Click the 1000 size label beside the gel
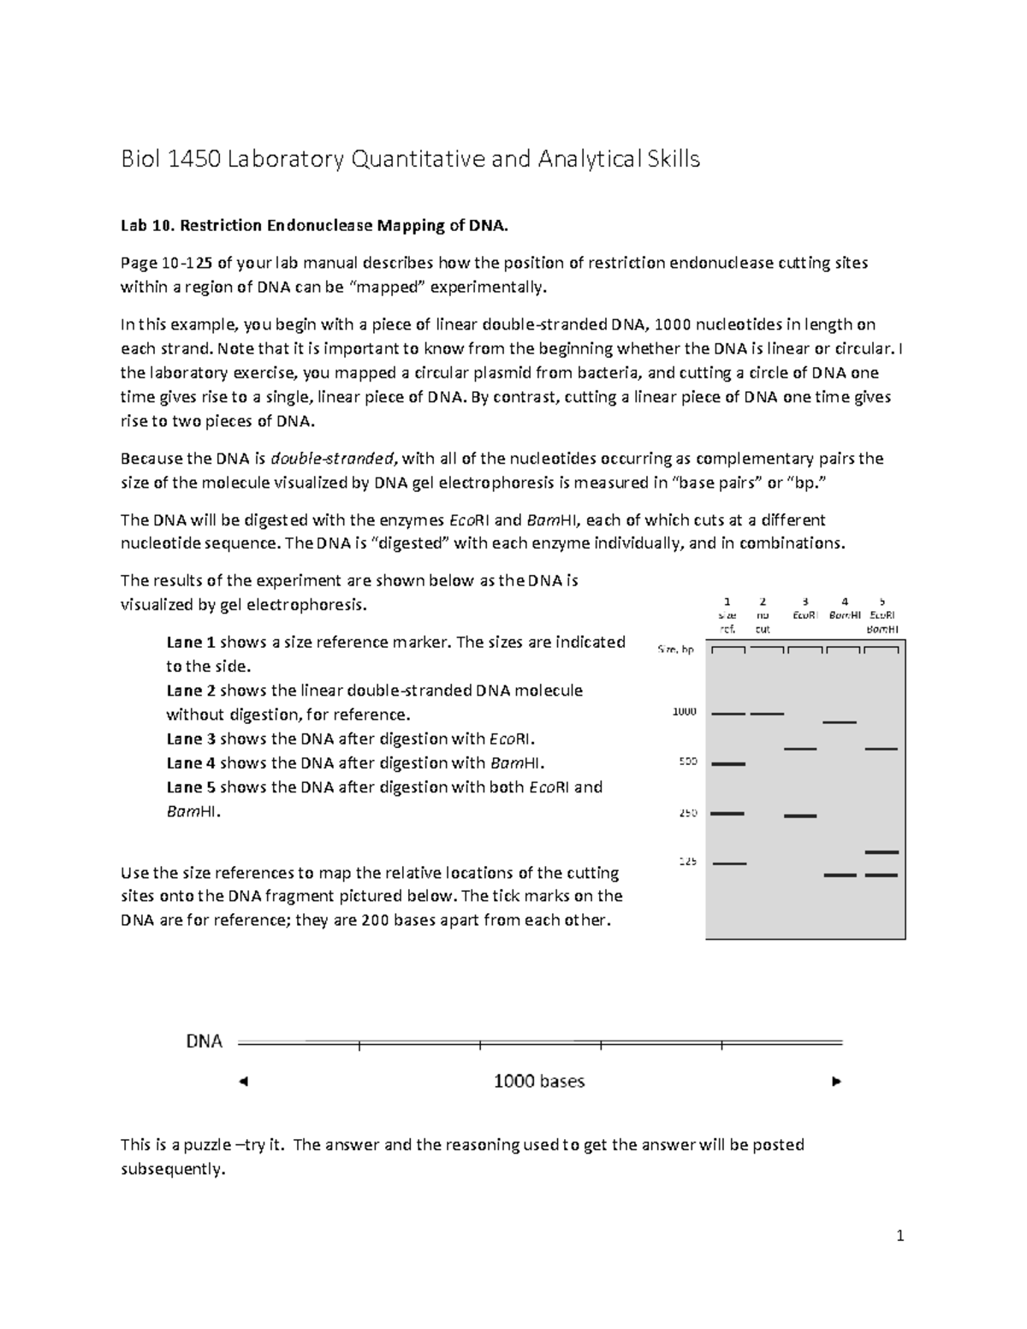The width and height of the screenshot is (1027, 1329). click(x=685, y=711)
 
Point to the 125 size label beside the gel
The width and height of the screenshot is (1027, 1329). click(x=687, y=862)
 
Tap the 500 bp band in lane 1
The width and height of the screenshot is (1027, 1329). click(x=728, y=763)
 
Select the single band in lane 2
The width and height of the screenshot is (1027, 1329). click(x=767, y=713)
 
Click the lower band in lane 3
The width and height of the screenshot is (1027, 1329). click(x=800, y=816)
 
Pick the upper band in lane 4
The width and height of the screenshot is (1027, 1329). click(x=839, y=723)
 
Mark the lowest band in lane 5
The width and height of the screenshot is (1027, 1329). click(x=881, y=875)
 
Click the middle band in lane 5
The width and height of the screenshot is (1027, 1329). click(x=881, y=852)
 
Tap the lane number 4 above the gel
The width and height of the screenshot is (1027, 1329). click(x=845, y=602)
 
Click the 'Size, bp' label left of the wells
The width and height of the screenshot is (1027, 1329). click(x=675, y=650)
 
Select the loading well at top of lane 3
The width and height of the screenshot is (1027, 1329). click(x=804, y=650)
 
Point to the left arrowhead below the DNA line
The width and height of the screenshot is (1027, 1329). click(x=243, y=1082)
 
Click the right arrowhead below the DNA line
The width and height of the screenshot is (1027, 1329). click(x=837, y=1082)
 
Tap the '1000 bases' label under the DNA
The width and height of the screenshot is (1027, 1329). click(x=538, y=1081)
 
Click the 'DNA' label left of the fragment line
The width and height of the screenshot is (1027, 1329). click(x=205, y=1041)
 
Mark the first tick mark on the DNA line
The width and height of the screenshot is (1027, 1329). click(x=359, y=1044)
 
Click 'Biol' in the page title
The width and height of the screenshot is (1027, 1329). click(x=140, y=159)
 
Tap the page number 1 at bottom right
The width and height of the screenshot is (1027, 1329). click(x=899, y=1235)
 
